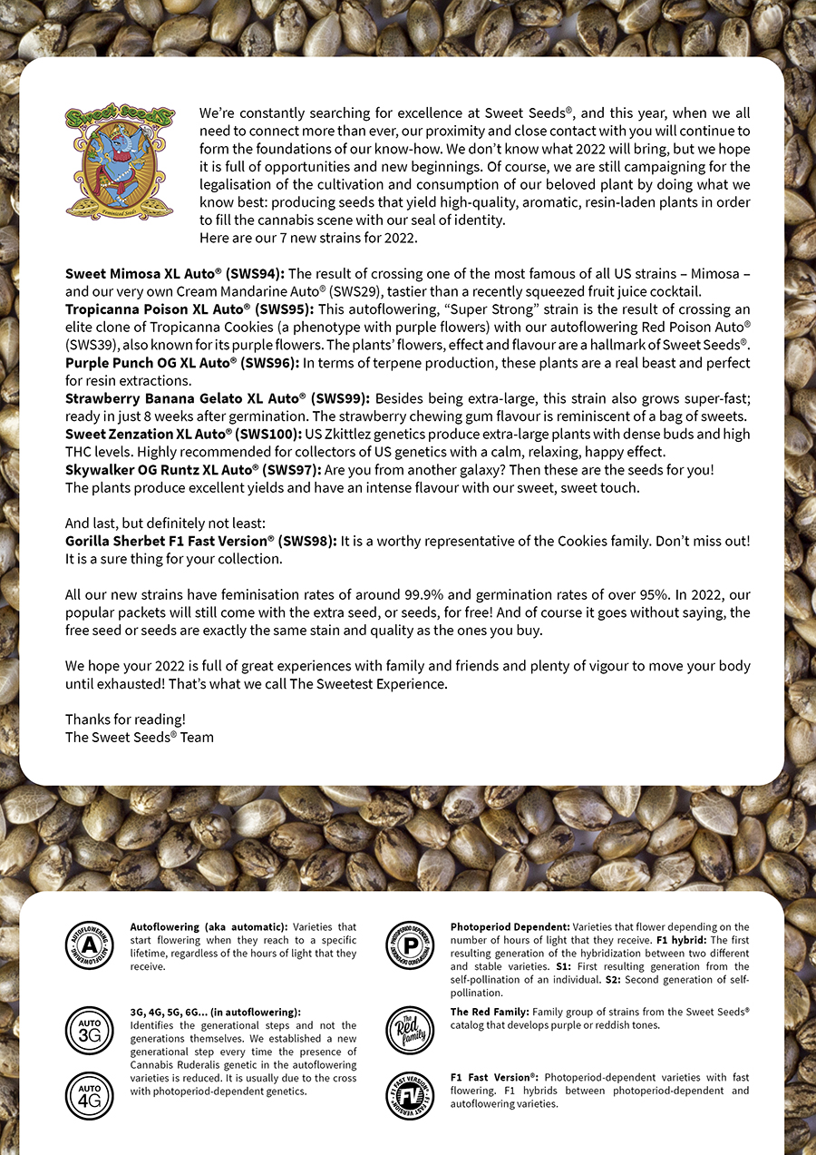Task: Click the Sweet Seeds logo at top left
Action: pyautogui.click(x=119, y=160)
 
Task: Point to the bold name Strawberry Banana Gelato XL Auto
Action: pyautogui.click(x=184, y=398)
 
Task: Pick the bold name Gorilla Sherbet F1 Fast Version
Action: pyautogui.click(x=168, y=541)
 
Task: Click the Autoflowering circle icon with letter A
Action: pyautogui.click(x=90, y=945)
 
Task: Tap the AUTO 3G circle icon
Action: pyautogui.click(x=90, y=1030)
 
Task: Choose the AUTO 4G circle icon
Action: pyautogui.click(x=90, y=1095)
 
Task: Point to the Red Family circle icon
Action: pyautogui.click(x=410, y=1030)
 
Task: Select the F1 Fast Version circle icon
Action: pyautogui.click(x=410, y=1095)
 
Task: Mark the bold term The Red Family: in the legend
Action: pyautogui.click(x=490, y=1012)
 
